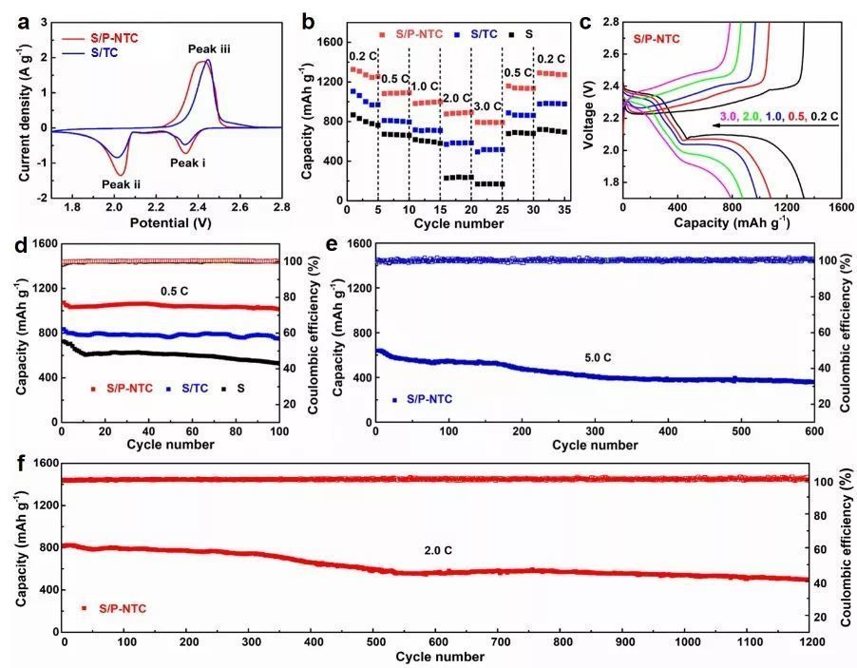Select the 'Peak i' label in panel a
(x=188, y=162)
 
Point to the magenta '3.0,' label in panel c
(x=728, y=116)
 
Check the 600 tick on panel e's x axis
(x=814, y=433)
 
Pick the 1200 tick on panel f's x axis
(x=810, y=642)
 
